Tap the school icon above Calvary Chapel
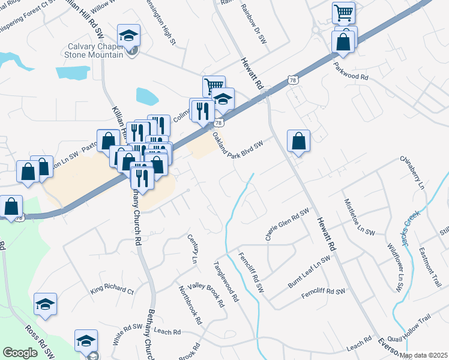tap(128, 35)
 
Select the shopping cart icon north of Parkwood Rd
tap(343, 12)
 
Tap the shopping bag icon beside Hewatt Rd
tap(298, 142)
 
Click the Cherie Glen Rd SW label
tap(287, 225)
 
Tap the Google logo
tap(20, 352)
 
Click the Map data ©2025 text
tap(423, 355)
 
